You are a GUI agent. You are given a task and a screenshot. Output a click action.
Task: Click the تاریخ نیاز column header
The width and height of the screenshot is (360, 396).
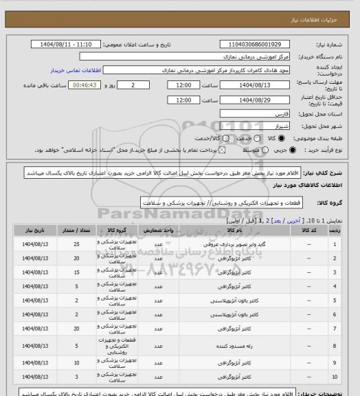[32, 230]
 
